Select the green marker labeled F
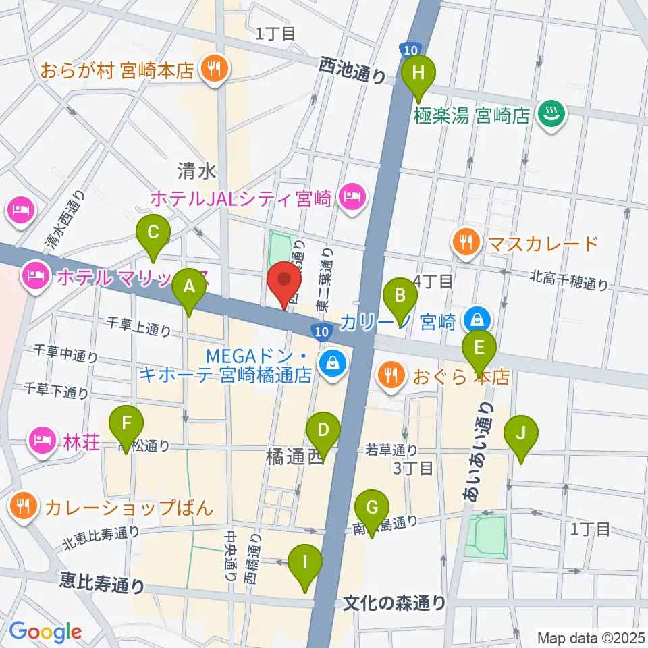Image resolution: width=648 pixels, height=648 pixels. click(126, 426)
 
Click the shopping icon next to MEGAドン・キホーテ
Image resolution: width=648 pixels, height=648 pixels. click(332, 364)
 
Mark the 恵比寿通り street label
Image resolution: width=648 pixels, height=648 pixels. click(102, 582)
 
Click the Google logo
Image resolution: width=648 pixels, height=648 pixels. click(46, 632)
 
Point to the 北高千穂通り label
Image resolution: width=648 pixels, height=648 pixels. click(568, 279)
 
